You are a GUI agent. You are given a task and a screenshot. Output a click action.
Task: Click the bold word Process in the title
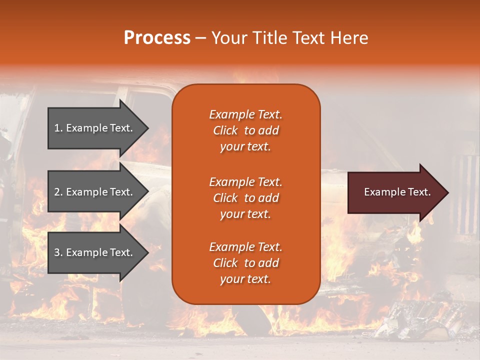[157, 38]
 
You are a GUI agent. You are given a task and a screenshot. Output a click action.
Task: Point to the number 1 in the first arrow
[57, 128]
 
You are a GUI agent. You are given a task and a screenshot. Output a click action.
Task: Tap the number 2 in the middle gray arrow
[57, 192]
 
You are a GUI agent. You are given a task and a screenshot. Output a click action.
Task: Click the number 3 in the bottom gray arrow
[57, 252]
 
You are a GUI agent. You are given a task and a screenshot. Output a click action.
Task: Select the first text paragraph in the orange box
[245, 130]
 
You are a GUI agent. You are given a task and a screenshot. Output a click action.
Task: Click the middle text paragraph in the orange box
[245, 198]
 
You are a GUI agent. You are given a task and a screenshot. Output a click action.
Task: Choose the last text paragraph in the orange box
[245, 263]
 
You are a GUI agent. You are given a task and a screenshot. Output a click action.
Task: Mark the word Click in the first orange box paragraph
[225, 130]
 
